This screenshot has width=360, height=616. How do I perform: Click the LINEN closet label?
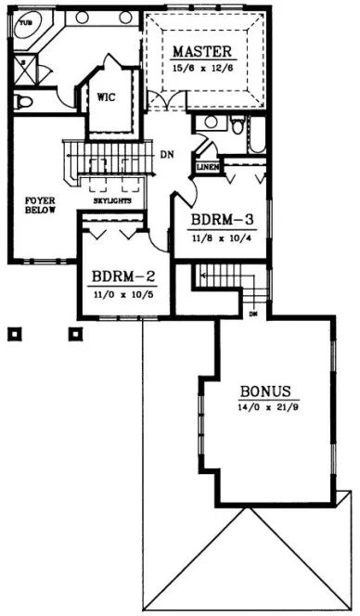[207, 167]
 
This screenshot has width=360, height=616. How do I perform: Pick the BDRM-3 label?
[222, 220]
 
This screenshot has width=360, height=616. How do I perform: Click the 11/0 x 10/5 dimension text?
[122, 294]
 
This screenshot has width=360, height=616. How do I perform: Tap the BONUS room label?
[265, 391]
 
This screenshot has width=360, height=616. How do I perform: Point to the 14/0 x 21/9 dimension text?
[264, 406]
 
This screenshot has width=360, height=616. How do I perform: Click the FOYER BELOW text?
[40, 205]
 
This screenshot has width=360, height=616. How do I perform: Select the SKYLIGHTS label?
[112, 200]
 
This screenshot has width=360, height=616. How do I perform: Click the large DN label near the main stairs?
[168, 154]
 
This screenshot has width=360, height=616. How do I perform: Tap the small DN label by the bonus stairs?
[251, 314]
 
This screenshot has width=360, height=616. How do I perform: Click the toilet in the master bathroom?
[25, 99]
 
